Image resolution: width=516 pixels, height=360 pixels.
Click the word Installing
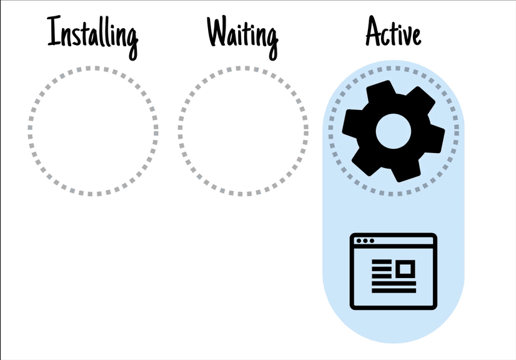pyautogui.click(x=93, y=34)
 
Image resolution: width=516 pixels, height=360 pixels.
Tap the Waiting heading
pyautogui.click(x=242, y=34)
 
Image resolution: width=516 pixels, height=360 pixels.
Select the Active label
pyautogui.click(x=393, y=32)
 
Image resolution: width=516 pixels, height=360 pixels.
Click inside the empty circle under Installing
pyautogui.click(x=93, y=130)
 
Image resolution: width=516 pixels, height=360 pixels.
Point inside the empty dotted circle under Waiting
pyautogui.click(x=243, y=130)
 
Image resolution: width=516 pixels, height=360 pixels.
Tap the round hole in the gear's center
pyautogui.click(x=393, y=129)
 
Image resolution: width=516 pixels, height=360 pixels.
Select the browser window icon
pyautogui.click(x=393, y=271)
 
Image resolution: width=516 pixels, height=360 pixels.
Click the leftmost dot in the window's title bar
pyautogui.click(x=359, y=241)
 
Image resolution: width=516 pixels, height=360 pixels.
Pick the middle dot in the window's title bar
pyautogui.click(x=365, y=241)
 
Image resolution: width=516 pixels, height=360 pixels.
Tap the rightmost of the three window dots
pyautogui.click(x=372, y=241)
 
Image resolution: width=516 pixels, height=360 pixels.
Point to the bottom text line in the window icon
pyautogui.click(x=394, y=290)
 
